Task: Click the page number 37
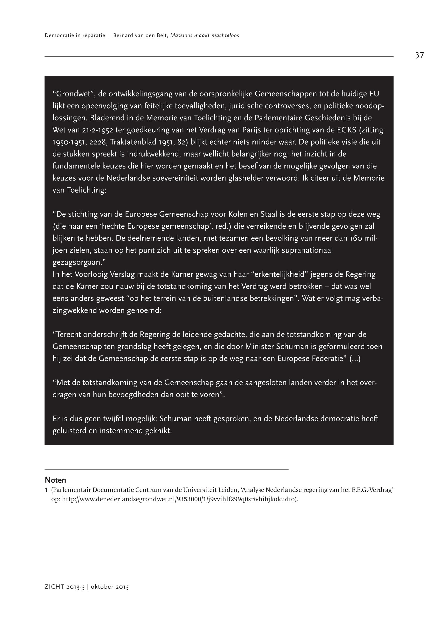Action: tap(419, 55)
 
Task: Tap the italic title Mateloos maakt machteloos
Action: tap(205, 36)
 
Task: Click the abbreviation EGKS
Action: tap(345, 130)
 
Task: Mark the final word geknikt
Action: tap(158, 431)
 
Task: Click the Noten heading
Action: tap(55, 480)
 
